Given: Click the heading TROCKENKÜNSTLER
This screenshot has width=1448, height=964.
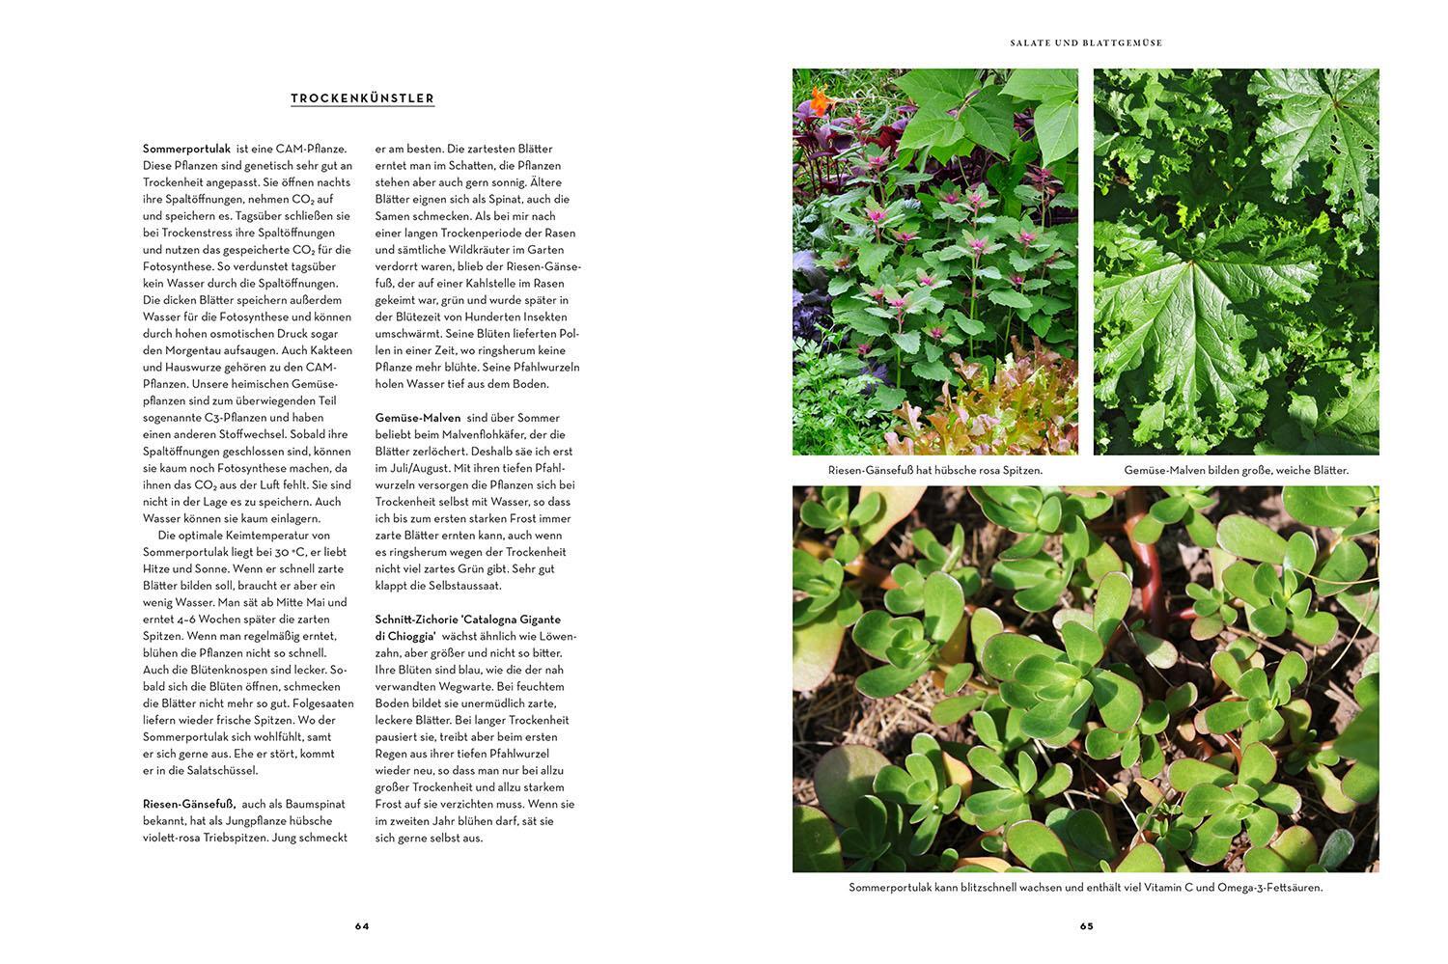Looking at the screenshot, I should (x=362, y=98).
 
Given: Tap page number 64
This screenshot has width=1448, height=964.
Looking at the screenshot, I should (x=362, y=926).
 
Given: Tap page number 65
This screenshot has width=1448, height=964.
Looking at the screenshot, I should (x=1086, y=926).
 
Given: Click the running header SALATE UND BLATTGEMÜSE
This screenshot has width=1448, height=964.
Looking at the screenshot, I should (x=1086, y=43).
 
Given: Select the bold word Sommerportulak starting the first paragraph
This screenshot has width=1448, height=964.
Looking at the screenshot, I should (x=186, y=149).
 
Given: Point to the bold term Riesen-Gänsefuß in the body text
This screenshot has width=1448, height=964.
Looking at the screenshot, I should (x=189, y=804).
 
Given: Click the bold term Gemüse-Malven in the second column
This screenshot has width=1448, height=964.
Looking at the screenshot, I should (x=418, y=418).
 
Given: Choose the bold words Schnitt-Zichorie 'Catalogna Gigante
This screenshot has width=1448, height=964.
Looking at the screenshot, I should (x=468, y=620).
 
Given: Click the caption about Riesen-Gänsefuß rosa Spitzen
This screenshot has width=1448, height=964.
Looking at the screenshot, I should (x=934, y=471).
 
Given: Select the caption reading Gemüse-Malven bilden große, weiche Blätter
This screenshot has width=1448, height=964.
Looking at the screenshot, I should (x=1236, y=471).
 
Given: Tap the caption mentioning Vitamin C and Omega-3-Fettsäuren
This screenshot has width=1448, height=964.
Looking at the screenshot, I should (x=1086, y=888).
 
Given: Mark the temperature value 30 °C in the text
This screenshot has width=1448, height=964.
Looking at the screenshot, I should (x=282, y=552).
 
